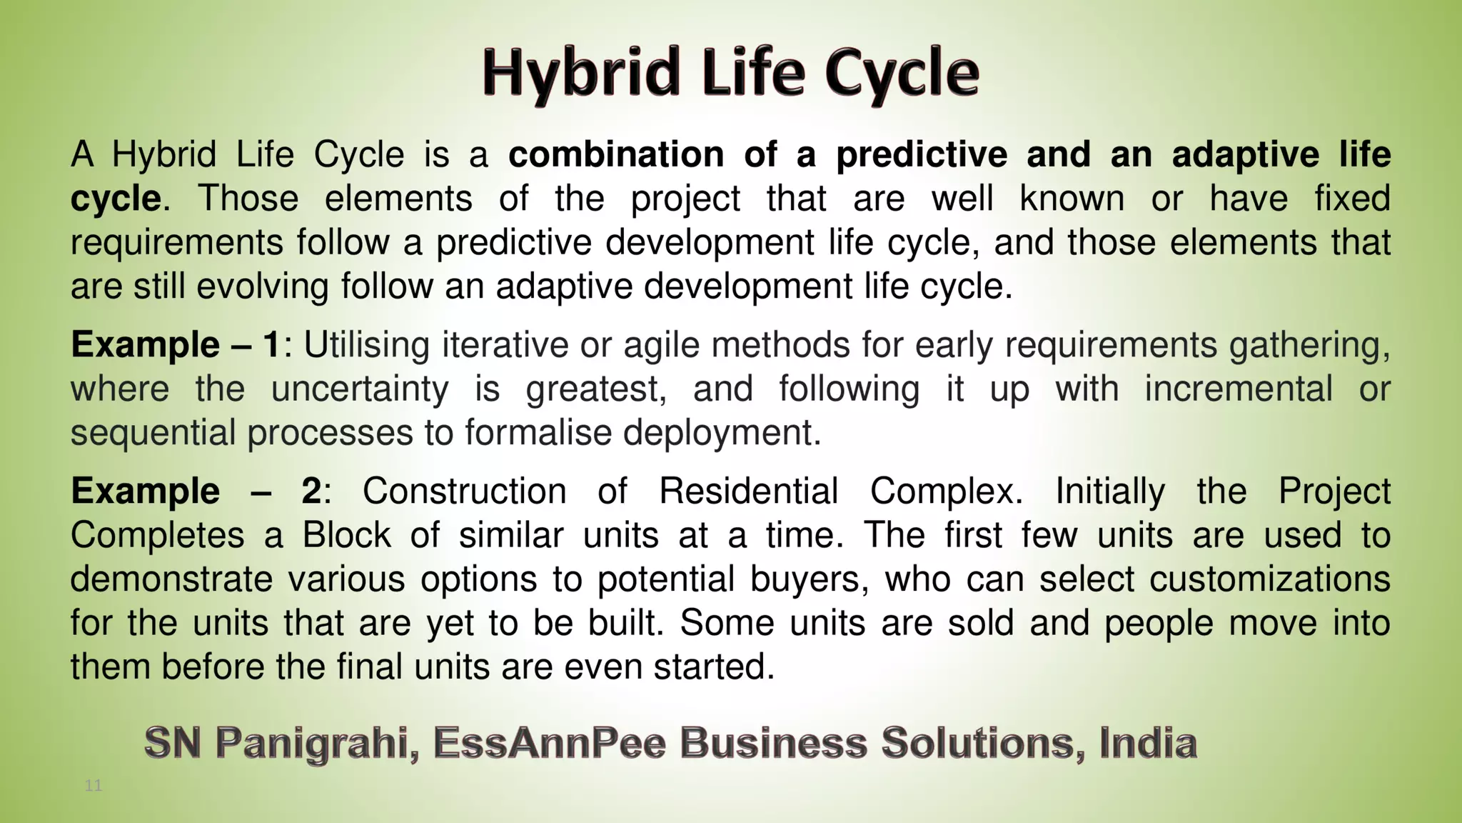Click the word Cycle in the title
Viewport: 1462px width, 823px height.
point(902,74)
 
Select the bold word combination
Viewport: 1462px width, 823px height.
point(616,154)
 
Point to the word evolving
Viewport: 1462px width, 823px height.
point(262,286)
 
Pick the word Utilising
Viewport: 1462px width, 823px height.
point(366,345)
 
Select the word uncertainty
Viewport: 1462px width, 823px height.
point(360,389)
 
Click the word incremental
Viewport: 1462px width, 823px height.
point(1238,389)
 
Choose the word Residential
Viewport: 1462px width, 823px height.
point(748,492)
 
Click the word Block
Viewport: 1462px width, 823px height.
point(346,535)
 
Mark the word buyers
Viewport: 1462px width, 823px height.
point(810,579)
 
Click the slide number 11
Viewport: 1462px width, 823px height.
point(94,787)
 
